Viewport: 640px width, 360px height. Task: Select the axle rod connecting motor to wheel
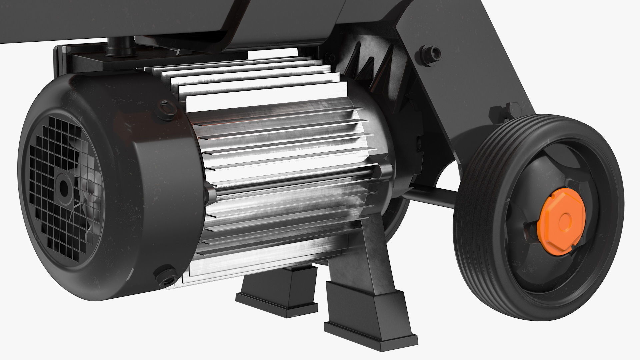pyautogui.click(x=430, y=197)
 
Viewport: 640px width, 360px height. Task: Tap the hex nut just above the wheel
pyautogui.click(x=506, y=110)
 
